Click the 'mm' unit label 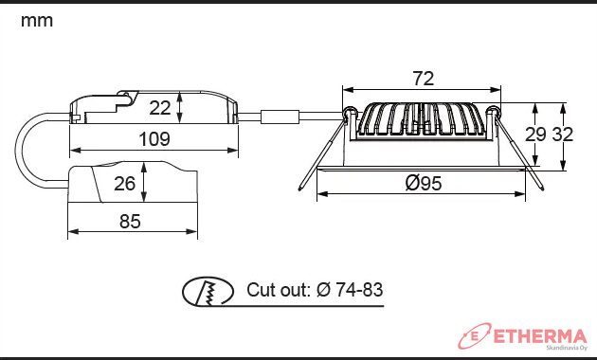pyautogui.click(x=37, y=21)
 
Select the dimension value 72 pyautogui.click(x=424, y=79)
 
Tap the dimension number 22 pyautogui.click(x=160, y=108)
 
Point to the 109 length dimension pyautogui.click(x=154, y=139)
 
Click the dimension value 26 pyautogui.click(x=124, y=184)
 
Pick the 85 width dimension pyautogui.click(x=130, y=221)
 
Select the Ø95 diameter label pyautogui.click(x=424, y=183)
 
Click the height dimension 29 pyautogui.click(x=535, y=135)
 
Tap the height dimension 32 pyautogui.click(x=562, y=135)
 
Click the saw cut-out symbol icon pyautogui.click(x=208, y=292)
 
